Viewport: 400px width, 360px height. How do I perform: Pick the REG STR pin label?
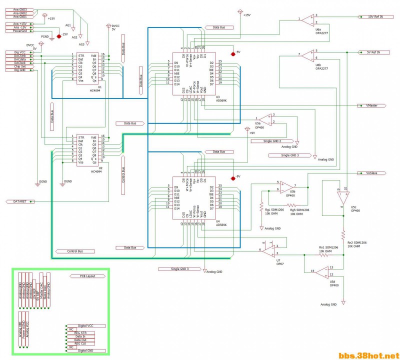(80, 333)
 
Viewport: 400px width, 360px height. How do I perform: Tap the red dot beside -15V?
(59, 36)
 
